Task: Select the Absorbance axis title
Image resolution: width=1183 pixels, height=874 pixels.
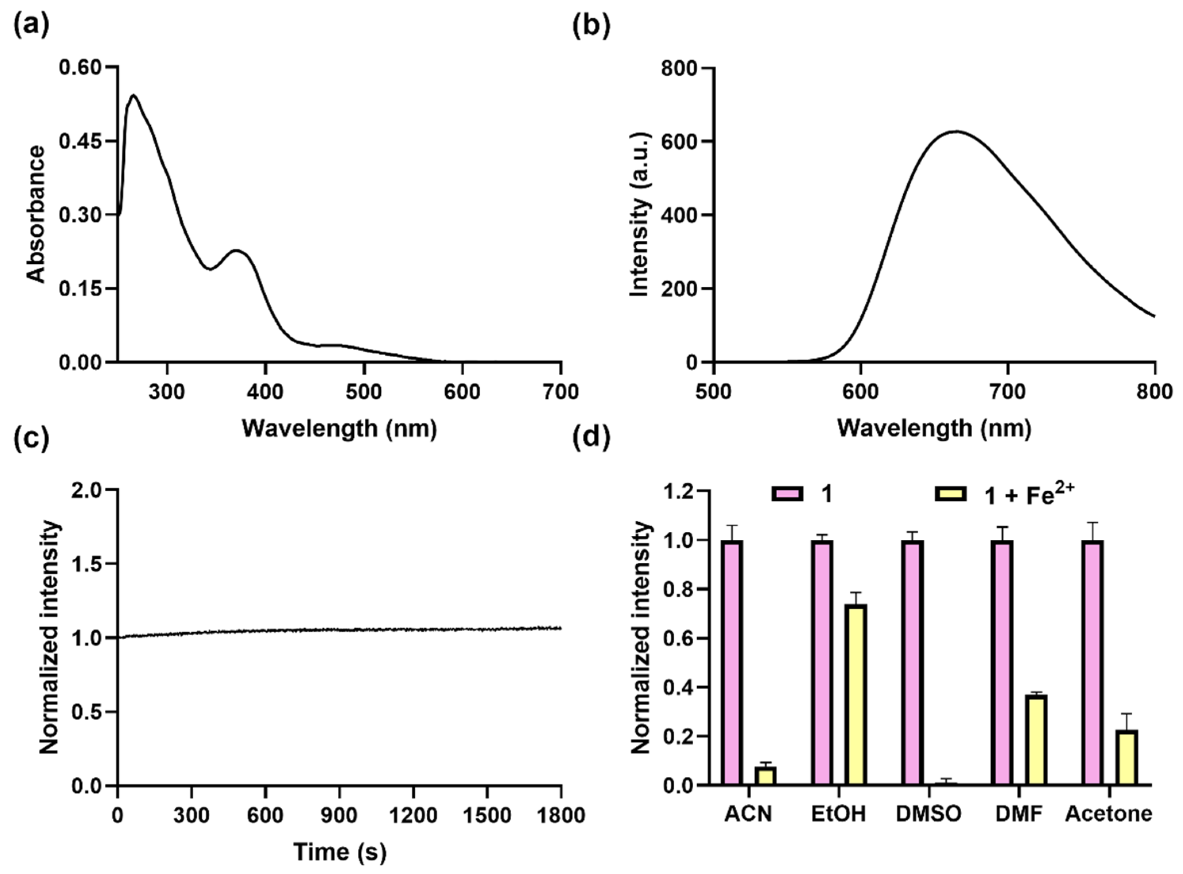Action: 36,214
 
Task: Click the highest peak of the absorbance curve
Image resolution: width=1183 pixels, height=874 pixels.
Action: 134,96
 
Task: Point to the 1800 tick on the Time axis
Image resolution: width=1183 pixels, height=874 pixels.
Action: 561,815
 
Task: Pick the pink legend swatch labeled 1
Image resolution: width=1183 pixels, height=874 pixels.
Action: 788,494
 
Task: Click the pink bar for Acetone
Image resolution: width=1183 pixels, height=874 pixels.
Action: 1093,662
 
